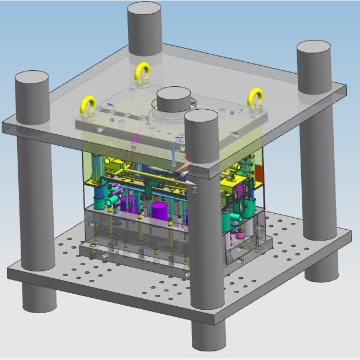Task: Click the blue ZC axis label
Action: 179,139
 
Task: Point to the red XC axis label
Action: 187,158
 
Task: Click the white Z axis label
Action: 195,190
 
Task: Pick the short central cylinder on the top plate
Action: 174,99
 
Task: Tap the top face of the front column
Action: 201,117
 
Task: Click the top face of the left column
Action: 31,79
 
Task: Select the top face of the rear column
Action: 144,10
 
